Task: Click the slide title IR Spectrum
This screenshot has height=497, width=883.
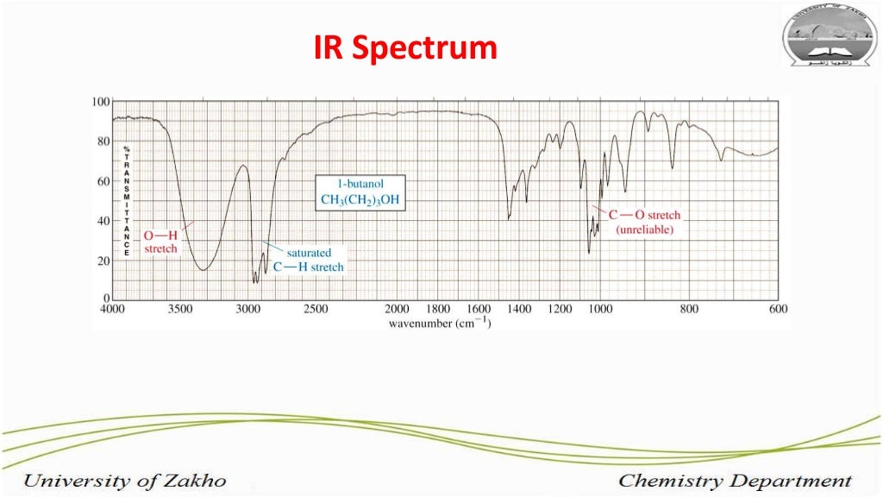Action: pos(404,47)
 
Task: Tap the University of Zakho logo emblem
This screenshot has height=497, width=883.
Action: pos(829,35)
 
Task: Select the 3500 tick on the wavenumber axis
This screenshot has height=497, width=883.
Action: pos(179,309)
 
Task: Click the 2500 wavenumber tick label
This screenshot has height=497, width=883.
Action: pos(316,309)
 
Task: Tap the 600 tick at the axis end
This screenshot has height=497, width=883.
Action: pos(779,309)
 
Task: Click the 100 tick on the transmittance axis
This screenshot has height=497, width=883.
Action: pos(100,102)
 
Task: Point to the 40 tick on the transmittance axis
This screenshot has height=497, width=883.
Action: pos(103,221)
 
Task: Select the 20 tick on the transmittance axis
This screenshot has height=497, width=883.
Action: pos(103,261)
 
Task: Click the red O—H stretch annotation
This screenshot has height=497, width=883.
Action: pos(160,242)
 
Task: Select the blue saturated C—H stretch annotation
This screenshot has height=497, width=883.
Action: pos(308,261)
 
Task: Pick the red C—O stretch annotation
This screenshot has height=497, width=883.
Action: pos(644,216)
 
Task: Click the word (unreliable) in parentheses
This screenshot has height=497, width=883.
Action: pos(644,230)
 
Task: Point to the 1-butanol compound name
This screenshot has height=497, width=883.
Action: pos(360,184)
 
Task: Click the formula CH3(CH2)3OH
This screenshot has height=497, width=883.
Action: pos(360,200)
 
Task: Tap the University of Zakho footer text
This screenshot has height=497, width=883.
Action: pos(124,481)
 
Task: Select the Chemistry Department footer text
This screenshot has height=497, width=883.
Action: pos(735,481)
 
